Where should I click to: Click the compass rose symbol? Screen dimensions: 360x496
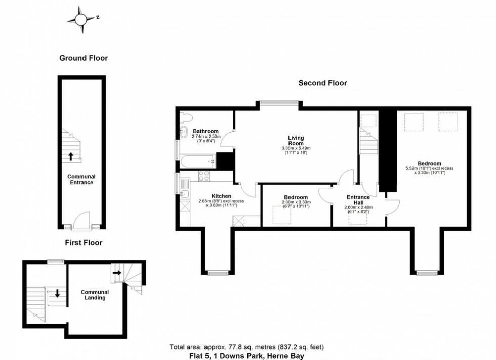click(81, 20)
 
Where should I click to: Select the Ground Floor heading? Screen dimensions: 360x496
click(84, 58)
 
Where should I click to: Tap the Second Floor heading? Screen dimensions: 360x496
click(322, 83)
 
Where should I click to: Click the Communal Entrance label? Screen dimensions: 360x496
click(81, 179)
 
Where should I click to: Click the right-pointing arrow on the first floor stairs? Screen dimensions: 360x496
click(117, 273)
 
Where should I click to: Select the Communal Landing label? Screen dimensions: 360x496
click(95, 295)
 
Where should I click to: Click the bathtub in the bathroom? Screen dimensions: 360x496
click(197, 162)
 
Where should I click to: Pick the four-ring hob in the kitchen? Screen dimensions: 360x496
click(205, 176)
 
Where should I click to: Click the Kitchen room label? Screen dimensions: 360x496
click(221, 196)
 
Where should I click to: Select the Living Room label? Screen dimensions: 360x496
click(296, 140)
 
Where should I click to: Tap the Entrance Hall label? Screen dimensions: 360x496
click(358, 200)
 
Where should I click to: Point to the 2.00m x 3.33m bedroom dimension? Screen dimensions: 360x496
click(295, 204)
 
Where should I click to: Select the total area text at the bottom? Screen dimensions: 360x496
click(246, 347)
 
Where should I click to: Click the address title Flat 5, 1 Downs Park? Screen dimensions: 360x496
click(246, 356)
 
